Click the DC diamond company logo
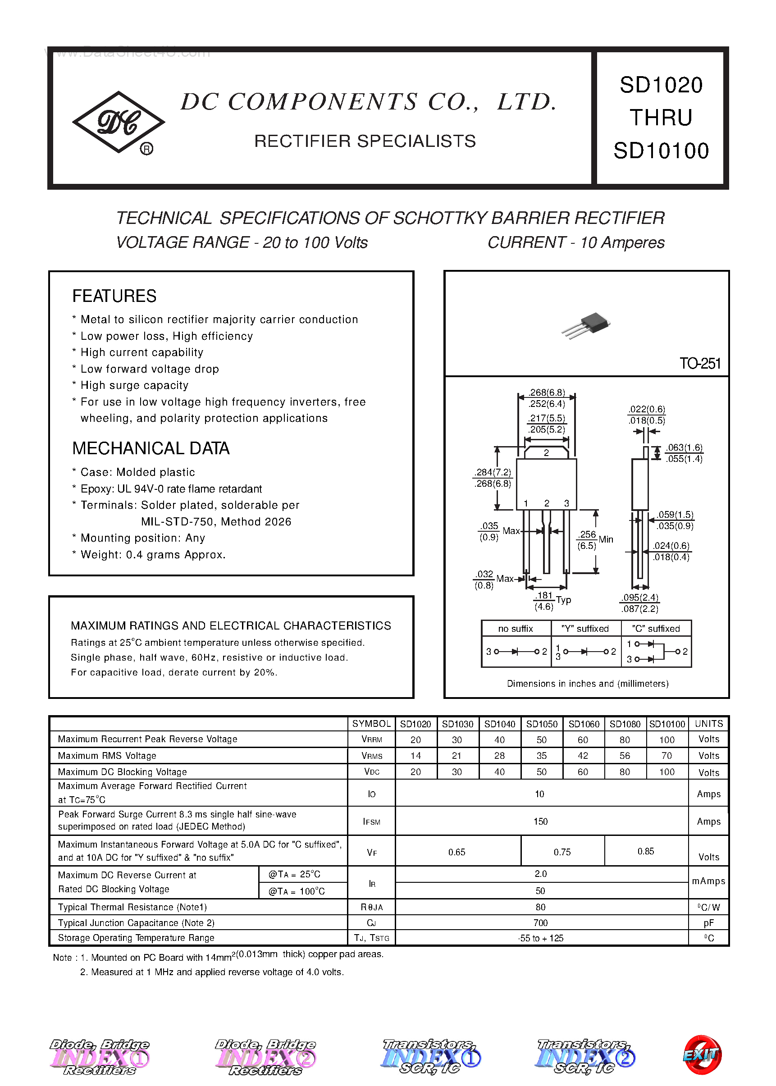[118, 122]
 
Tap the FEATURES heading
[114, 296]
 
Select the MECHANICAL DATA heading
[151, 448]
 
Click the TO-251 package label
[699, 364]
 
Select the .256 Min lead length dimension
[594, 539]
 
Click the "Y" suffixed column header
[585, 629]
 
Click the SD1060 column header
[584, 724]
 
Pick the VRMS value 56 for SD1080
[625, 755]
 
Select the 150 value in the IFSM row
[540, 821]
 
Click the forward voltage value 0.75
[562, 852]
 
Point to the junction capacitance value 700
[540, 922]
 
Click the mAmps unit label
[708, 881]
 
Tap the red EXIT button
[702, 1054]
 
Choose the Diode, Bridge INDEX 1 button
[100, 1056]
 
